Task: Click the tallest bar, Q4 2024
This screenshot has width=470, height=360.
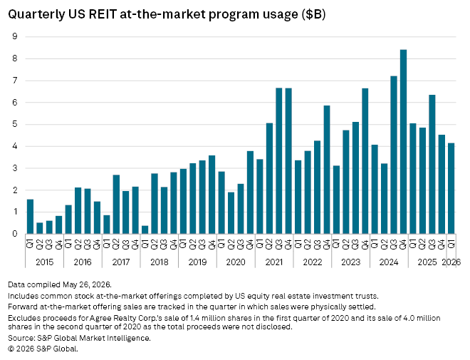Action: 404,142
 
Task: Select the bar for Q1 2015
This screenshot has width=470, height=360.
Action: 30,217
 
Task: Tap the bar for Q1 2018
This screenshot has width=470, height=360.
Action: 145,230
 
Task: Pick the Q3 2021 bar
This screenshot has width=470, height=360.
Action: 279,161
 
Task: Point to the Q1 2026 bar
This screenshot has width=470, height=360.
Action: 451,188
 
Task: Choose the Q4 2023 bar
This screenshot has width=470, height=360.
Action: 365,161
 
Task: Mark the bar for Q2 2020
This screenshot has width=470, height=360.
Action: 231,213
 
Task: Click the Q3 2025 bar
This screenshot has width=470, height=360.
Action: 432,165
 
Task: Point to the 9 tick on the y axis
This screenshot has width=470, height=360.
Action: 15,36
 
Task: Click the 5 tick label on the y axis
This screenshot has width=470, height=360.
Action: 15,125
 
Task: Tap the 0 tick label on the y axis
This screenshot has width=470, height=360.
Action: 15,234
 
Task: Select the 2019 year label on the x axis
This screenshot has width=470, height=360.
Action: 197,262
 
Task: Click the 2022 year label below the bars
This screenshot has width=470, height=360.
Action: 313,262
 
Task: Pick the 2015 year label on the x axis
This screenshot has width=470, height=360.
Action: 44,262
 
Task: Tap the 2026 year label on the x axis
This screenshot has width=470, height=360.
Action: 451,262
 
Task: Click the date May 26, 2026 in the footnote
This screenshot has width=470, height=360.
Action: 86,284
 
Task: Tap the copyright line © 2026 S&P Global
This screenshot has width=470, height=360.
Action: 43,349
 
